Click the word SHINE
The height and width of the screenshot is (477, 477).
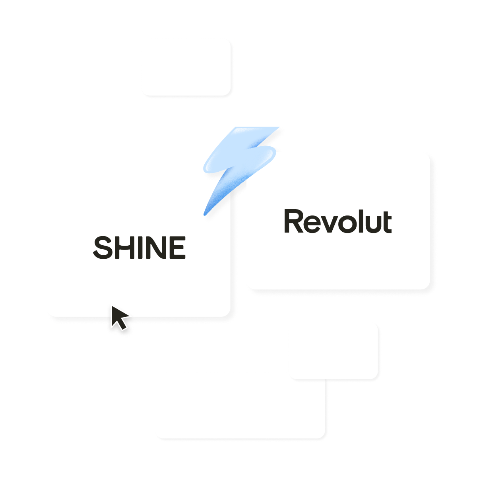click(x=139, y=247)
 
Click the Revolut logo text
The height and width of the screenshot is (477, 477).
click(x=338, y=221)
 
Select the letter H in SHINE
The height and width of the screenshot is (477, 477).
click(x=126, y=247)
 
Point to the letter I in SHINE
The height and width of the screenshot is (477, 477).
click(x=143, y=247)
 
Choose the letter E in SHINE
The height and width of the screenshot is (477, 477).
click(x=178, y=247)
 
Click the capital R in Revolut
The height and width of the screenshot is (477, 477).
click(x=294, y=221)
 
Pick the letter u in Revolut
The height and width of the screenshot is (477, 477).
click(x=373, y=225)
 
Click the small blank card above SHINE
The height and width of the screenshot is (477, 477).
click(x=186, y=67)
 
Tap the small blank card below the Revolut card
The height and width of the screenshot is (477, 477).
click(x=334, y=351)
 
